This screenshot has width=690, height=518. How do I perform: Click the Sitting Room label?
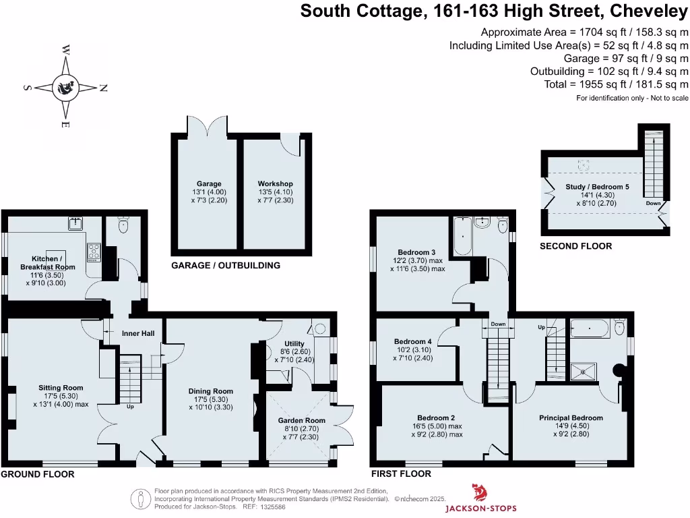pos(61,388)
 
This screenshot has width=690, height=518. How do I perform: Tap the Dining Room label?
pos(211,391)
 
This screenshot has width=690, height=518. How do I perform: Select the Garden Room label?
pos(302,421)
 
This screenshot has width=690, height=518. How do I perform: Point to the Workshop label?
pos(275,183)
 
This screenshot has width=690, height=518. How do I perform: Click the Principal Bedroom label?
pos(571,418)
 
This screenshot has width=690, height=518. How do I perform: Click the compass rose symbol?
pos(66,87)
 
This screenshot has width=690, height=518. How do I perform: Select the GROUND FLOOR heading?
pos(37,474)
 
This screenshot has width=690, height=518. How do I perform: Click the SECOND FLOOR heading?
pos(575,246)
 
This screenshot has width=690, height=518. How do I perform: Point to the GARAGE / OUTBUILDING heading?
pos(226,266)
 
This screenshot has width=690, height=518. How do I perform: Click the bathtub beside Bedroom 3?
pos(463,236)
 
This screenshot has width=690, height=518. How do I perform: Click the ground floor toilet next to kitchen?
pos(123,227)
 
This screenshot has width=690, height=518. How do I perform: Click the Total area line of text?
pos(616,84)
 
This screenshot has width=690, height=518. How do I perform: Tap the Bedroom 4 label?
pos(412,342)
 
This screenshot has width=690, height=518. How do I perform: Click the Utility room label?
pos(294,345)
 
